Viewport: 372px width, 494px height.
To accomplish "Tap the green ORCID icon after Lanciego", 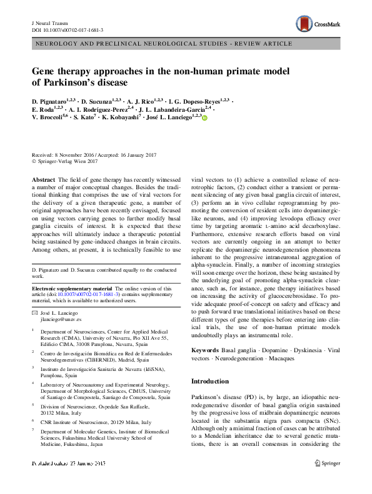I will [204, 117].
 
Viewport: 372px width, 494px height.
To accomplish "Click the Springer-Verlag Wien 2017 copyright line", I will [68, 161].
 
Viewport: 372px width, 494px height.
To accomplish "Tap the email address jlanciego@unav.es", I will [60, 300].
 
